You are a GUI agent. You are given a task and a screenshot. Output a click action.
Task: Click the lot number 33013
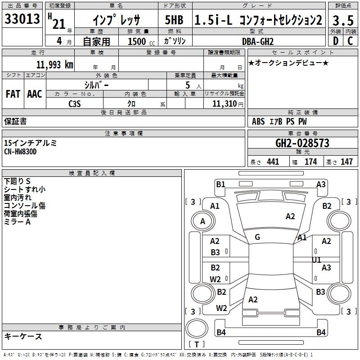(x=22, y=19)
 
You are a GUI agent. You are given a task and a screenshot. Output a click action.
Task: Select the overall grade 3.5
(x=343, y=20)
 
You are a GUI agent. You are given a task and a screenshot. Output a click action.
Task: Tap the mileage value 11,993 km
(x=55, y=65)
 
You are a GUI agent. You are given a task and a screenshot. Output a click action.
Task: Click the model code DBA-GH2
(x=258, y=41)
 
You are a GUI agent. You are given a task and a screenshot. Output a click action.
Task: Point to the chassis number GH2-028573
(x=302, y=143)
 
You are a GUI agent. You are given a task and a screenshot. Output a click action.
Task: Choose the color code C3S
(x=75, y=104)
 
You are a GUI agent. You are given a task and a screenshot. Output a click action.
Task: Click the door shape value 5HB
(x=174, y=20)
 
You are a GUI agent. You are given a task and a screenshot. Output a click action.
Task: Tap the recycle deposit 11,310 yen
(x=228, y=104)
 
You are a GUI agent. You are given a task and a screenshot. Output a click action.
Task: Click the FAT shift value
(x=13, y=94)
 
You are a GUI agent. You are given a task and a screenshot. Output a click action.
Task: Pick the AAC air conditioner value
(x=35, y=94)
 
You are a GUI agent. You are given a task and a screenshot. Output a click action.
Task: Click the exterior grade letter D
(x=336, y=41)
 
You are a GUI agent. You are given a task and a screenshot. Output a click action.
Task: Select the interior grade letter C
(x=350, y=41)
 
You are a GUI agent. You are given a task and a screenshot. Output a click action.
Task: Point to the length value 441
(x=273, y=162)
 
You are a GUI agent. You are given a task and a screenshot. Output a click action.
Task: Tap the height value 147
(x=346, y=162)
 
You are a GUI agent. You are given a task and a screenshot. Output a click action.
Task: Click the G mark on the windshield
(x=257, y=237)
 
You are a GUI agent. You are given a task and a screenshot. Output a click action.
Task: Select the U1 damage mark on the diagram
(x=316, y=260)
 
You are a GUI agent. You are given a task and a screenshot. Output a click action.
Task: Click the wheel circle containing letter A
(x=203, y=221)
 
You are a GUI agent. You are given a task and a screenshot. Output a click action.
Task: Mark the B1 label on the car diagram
(x=220, y=184)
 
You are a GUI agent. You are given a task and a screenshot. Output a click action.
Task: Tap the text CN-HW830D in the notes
(x=20, y=152)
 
